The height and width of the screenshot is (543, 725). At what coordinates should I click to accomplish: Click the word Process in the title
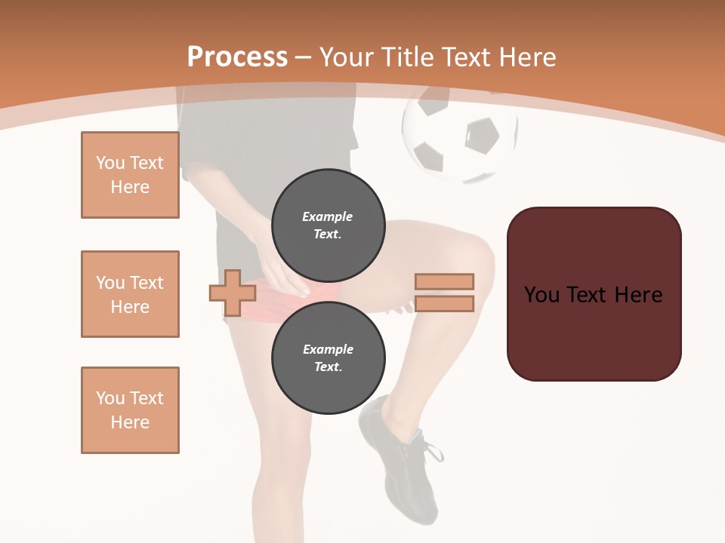(237, 57)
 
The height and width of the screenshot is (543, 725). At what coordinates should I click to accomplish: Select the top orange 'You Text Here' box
(130, 175)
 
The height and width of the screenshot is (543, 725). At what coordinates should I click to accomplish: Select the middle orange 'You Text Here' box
(130, 294)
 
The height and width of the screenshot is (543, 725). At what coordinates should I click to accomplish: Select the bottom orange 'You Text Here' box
(130, 410)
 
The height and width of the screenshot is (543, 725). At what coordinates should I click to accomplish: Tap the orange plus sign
(233, 293)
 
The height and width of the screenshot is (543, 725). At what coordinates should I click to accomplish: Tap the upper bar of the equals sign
(444, 281)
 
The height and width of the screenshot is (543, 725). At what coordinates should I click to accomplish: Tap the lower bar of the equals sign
(444, 304)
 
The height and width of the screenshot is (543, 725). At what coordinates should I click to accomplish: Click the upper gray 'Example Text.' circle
(328, 225)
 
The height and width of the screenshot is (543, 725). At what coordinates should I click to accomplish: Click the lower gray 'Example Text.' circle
(328, 357)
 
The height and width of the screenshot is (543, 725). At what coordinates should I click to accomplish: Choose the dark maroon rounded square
(594, 294)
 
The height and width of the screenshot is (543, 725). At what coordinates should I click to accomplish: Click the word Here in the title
(528, 57)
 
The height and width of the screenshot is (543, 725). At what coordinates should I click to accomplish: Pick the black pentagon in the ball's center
(481, 136)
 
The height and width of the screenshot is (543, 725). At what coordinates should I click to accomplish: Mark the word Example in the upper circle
(328, 216)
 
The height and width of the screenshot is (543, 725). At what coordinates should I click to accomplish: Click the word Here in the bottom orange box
(130, 422)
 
